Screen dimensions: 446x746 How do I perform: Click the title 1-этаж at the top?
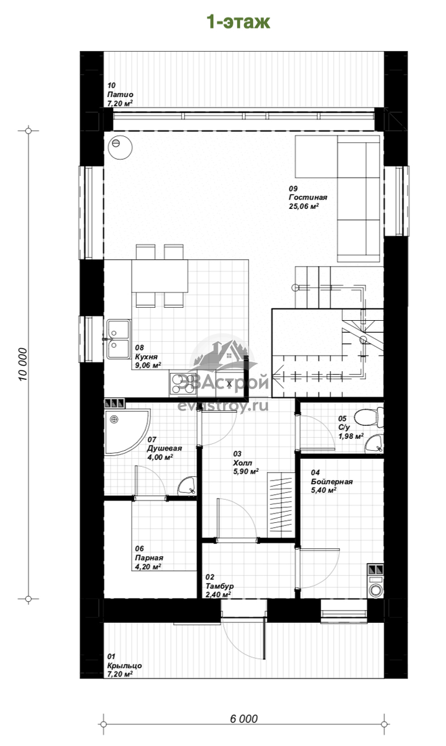pyautogui.click(x=238, y=22)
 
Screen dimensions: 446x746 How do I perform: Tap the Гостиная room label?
pyautogui.click(x=308, y=198)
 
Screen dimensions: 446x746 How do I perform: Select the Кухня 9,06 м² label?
pyautogui.click(x=148, y=357)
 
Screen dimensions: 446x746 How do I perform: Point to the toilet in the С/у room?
pyautogui.click(x=368, y=417)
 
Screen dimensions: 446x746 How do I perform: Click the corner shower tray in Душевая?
pyautogui.click(x=124, y=430)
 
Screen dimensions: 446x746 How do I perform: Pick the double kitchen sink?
pyautogui.click(x=119, y=339)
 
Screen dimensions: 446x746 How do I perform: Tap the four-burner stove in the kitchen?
pyautogui.click(x=183, y=384)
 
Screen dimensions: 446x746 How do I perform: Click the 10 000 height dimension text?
pyautogui.click(x=22, y=364)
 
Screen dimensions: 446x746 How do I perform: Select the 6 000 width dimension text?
pyautogui.click(x=244, y=719)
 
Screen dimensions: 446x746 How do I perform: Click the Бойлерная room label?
pyautogui.click(x=332, y=481)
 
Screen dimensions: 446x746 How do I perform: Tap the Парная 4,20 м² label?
pyautogui.click(x=149, y=558)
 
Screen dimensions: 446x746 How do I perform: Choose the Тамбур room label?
pyautogui.click(x=219, y=586)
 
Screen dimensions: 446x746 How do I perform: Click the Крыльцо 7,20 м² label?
pyautogui.click(x=124, y=665)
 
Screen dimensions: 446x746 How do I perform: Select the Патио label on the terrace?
pyautogui.click(x=120, y=94)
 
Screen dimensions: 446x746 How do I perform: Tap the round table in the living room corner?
pyautogui.click(x=120, y=147)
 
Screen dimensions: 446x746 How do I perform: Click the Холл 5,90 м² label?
pyautogui.click(x=245, y=463)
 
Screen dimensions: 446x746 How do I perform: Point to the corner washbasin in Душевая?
pyautogui.click(x=187, y=486)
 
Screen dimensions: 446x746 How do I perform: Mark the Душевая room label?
pyautogui.click(x=165, y=448)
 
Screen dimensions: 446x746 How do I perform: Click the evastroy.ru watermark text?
pyautogui.click(x=222, y=406)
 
